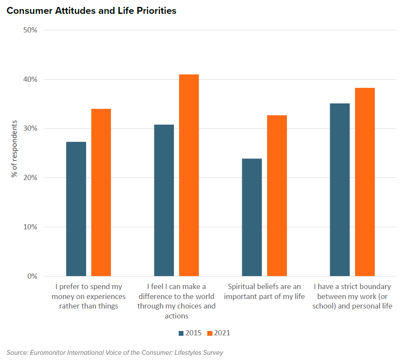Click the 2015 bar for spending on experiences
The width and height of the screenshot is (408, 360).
click(76, 209)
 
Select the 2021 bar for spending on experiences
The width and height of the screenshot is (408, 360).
click(101, 193)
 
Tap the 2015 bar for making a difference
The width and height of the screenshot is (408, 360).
click(164, 200)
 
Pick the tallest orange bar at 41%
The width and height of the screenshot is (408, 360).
click(189, 175)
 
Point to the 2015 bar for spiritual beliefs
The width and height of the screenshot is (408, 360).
click(252, 217)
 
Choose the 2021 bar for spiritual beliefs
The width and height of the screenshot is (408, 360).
click(277, 196)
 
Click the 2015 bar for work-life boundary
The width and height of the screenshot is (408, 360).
click(340, 190)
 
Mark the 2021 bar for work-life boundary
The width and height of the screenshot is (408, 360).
click(365, 182)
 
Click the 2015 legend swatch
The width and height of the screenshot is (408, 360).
click(181, 333)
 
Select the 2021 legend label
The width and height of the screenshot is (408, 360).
click(222, 333)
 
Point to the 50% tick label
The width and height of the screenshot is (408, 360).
click(30, 30)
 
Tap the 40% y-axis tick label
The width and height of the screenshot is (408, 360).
click(30, 80)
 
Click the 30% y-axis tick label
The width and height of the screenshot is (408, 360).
click(30, 129)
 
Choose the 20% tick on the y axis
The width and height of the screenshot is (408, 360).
click(30, 178)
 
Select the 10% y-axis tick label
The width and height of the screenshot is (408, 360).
click(30, 227)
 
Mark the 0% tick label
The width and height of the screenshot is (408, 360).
click(32, 276)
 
